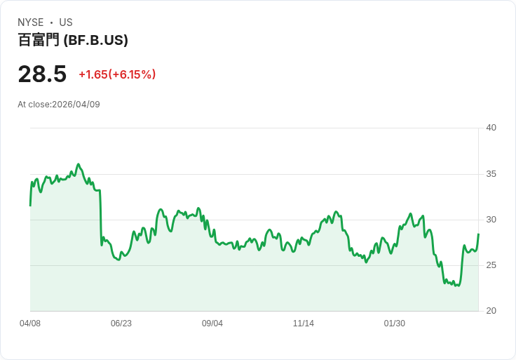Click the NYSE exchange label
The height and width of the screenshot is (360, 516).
point(31,22)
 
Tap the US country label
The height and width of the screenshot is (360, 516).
point(66,22)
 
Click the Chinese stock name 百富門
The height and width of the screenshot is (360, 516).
point(39,40)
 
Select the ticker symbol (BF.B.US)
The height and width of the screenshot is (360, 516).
point(95,40)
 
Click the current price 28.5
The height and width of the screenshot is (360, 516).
point(42,74)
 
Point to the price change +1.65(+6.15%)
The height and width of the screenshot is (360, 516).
point(117,74)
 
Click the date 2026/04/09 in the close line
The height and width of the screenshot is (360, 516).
point(76,105)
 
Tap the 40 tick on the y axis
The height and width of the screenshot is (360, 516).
point(491,128)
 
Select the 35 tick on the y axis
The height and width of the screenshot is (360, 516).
point(491,174)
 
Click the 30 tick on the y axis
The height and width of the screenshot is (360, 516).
point(491,220)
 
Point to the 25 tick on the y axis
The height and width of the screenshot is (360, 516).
point(491,265)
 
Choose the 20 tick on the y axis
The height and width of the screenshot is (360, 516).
point(491,311)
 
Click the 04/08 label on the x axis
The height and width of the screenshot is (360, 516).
point(30,324)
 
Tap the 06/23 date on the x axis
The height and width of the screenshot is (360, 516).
point(121,324)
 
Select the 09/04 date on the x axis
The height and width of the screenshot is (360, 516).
point(212,324)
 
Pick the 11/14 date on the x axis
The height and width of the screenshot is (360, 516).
point(304,324)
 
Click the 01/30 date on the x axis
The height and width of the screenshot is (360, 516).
point(395,324)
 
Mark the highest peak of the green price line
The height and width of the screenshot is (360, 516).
point(79,164)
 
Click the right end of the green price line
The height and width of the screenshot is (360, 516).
point(478,234)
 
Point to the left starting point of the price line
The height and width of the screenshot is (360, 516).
point(31,206)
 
